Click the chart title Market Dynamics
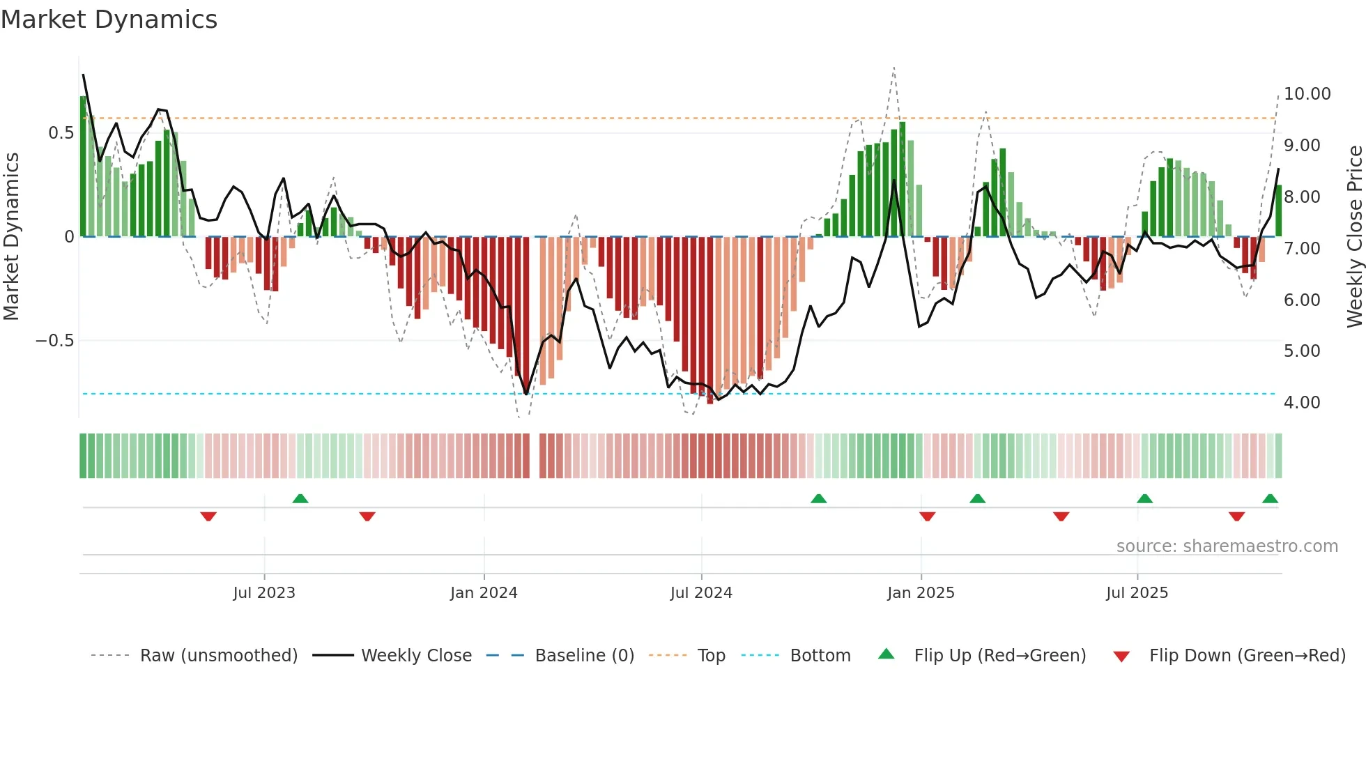(x=109, y=20)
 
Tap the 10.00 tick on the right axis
(x=1307, y=94)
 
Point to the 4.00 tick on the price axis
(x=1302, y=403)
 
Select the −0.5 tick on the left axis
(x=54, y=341)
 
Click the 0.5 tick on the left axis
(x=61, y=133)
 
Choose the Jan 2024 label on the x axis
(x=484, y=593)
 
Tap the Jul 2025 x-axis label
(x=1137, y=593)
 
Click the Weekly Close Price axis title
(x=1354, y=237)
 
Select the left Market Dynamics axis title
(x=11, y=237)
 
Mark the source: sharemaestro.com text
(x=1227, y=546)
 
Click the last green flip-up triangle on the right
(x=1270, y=499)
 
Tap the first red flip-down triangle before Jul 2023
(x=208, y=516)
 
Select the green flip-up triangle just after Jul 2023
(x=300, y=499)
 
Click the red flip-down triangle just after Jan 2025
(x=927, y=516)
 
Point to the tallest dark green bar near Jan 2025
(x=903, y=179)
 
